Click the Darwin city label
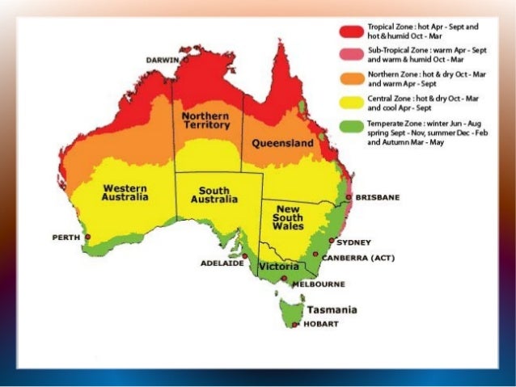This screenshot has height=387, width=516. pos(163,60)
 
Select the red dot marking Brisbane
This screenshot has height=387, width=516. pos(349,196)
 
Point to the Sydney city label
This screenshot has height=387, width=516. pos(353,242)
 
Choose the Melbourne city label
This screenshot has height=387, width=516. pos(319,284)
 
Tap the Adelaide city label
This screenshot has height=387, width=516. pos(222,263)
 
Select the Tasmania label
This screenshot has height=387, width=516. pos(332,309)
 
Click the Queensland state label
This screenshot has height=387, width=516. pos(282,143)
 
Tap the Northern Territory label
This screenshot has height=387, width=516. pos(205,120)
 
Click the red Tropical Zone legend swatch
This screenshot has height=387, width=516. pos(350,32)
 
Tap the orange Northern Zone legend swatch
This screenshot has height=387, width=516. pos(350,78)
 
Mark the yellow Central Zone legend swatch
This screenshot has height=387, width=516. pos(350,102)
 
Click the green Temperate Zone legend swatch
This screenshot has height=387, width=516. pos(350,125)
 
